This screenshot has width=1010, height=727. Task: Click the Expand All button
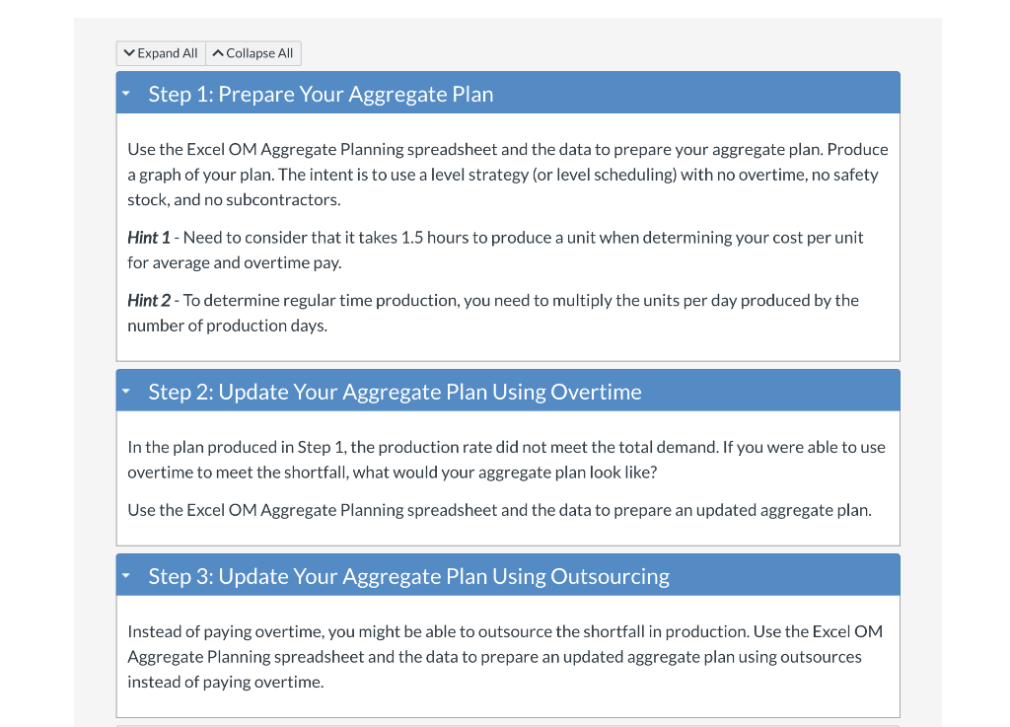(x=160, y=53)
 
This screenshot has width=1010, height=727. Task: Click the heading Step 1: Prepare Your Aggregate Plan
(x=321, y=95)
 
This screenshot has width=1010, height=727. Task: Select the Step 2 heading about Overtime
(x=395, y=392)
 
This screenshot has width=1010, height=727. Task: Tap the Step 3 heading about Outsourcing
(x=408, y=576)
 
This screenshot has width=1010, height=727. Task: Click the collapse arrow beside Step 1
(x=126, y=95)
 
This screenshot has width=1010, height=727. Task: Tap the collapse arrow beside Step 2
(x=126, y=393)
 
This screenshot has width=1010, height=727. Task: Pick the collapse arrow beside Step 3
(x=126, y=577)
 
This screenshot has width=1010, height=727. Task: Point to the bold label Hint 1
(x=152, y=238)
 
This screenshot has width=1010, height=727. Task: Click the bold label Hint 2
(x=152, y=300)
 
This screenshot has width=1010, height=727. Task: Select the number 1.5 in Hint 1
(x=412, y=238)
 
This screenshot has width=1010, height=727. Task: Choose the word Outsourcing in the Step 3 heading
(x=610, y=576)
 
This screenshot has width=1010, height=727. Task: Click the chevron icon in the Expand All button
(x=128, y=53)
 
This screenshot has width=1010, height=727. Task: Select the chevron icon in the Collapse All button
(x=218, y=53)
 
